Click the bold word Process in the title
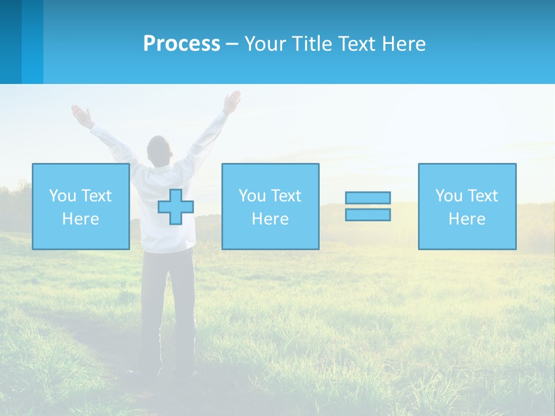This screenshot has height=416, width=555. (182, 44)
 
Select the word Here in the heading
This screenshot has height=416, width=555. (404, 44)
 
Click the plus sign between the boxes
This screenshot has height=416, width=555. (176, 207)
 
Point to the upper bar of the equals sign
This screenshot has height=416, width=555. (368, 198)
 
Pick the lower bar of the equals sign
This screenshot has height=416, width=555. (368, 215)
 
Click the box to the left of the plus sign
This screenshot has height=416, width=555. (81, 206)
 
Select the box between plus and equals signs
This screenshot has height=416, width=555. (270, 206)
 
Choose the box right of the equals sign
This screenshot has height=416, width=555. (467, 206)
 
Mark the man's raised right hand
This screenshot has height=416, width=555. (232, 102)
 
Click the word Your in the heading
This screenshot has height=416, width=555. (265, 44)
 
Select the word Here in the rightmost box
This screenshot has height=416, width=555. (467, 219)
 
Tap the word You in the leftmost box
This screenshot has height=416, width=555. (62, 195)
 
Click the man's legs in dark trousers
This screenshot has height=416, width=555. (168, 306)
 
